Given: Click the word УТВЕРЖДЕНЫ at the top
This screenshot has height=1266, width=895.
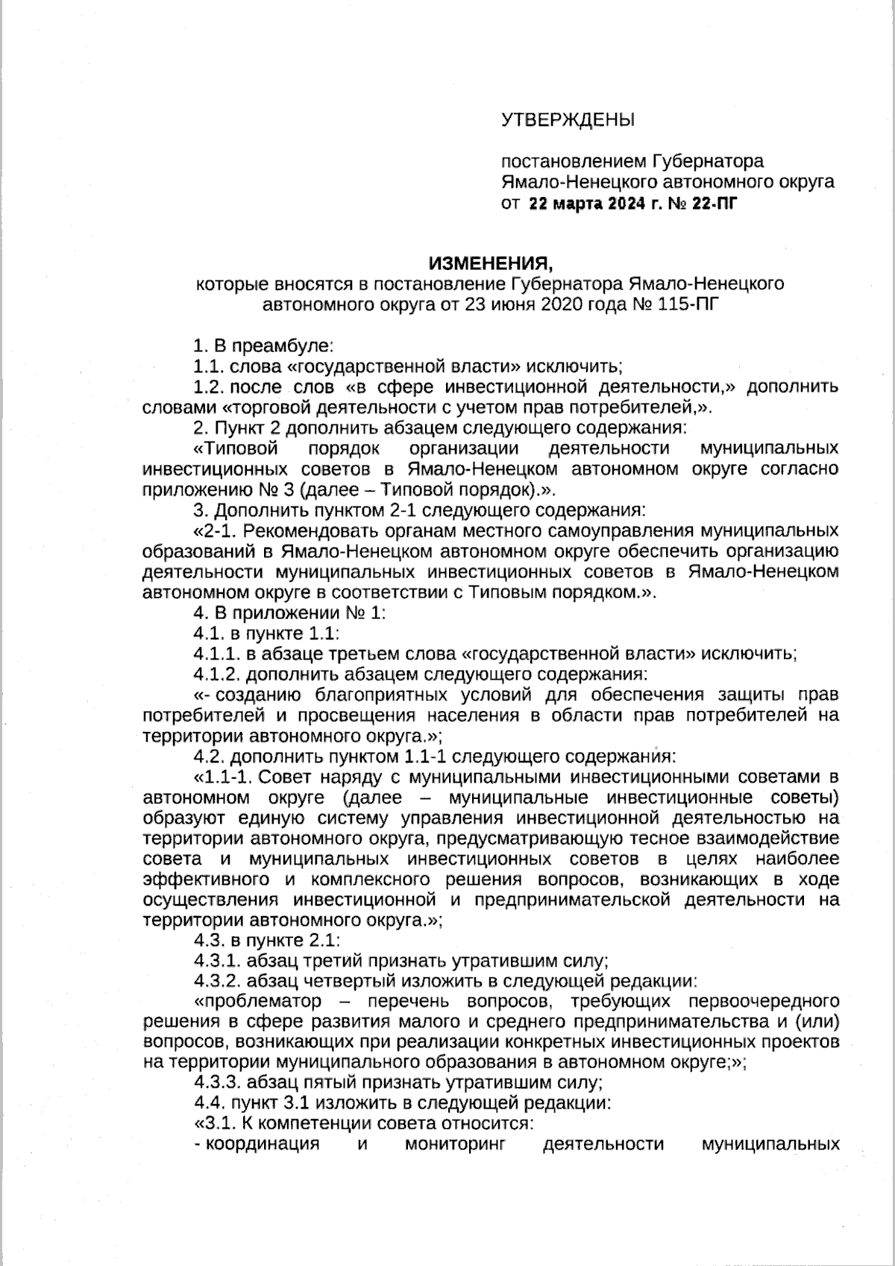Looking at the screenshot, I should (x=567, y=119).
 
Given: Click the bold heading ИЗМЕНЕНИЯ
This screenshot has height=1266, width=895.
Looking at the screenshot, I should (x=491, y=263).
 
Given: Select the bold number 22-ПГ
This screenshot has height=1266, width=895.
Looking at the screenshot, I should (x=714, y=202).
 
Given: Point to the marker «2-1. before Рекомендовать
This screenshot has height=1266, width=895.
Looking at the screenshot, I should (x=216, y=531).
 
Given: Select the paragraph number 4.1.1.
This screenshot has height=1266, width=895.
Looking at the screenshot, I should (x=216, y=654).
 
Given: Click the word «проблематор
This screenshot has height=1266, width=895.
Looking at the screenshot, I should (x=257, y=1000).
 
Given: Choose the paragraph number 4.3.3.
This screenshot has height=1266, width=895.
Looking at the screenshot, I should (x=216, y=1082).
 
